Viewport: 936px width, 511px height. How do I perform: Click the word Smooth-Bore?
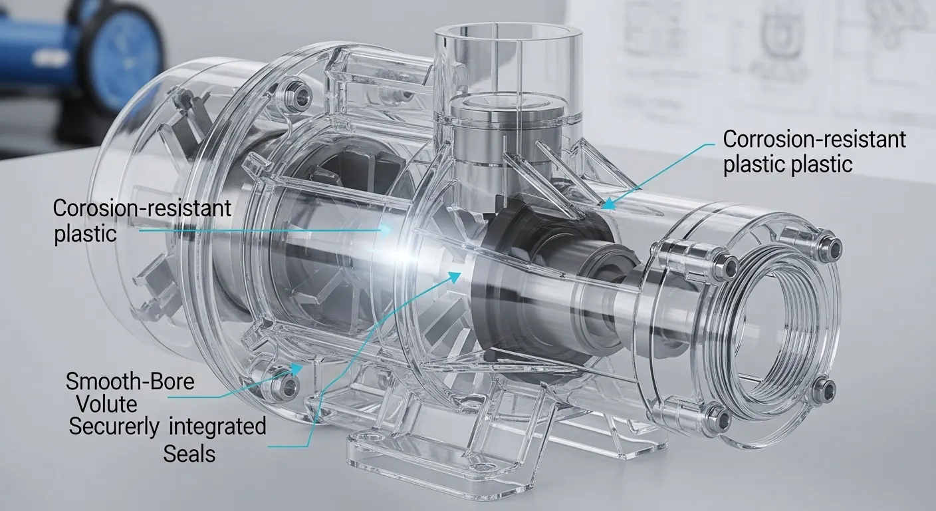coord(130,382)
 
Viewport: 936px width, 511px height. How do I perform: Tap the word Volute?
coord(106,404)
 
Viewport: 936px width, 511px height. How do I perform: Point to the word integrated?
coord(217,426)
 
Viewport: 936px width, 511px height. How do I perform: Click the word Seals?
coord(189,454)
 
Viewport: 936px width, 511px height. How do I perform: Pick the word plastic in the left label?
coord(85,234)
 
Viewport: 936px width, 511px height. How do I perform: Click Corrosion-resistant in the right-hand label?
coord(814,140)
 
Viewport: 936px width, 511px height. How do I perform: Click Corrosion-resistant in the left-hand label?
coord(142,208)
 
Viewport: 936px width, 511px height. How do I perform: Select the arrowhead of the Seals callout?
coord(458,272)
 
